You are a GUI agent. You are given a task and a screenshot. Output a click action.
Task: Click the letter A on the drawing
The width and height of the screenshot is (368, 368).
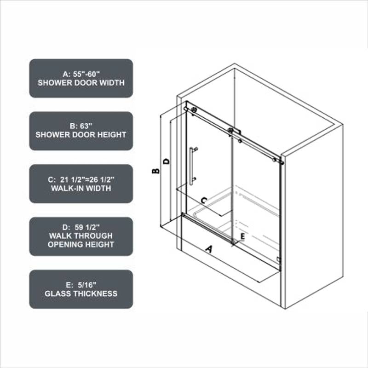pyautogui.click(x=209, y=249)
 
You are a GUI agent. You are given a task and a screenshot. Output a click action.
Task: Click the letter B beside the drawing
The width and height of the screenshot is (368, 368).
pyautogui.click(x=155, y=171)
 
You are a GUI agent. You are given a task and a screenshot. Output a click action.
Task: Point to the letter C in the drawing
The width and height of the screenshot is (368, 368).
pyautogui.click(x=204, y=200)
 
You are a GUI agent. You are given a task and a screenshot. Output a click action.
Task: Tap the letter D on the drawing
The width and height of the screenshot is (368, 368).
pyautogui.click(x=166, y=161)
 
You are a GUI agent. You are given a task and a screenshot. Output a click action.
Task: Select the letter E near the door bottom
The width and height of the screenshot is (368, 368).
pyautogui.click(x=243, y=236)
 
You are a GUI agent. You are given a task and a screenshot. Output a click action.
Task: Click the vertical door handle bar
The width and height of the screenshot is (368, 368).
pyautogui.click(x=191, y=166)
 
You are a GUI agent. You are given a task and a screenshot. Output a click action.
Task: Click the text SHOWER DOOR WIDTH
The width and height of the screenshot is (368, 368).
pyautogui.click(x=81, y=83)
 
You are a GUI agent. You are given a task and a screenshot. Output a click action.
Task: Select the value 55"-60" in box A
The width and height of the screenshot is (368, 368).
pyautogui.click(x=86, y=74)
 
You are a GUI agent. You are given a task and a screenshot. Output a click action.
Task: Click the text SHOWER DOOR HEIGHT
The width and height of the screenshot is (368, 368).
pyautogui.click(x=81, y=135)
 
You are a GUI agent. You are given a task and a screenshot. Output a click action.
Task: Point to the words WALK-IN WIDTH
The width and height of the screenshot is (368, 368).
pyautogui.click(x=81, y=188)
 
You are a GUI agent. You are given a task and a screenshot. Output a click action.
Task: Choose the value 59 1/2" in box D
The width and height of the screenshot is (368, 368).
pyautogui.click(x=87, y=227)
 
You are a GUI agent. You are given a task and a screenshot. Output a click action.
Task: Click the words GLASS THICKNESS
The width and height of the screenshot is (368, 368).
pyautogui.click(x=81, y=293)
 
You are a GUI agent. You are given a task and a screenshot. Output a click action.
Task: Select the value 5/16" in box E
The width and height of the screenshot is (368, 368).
pyautogui.click(x=87, y=285)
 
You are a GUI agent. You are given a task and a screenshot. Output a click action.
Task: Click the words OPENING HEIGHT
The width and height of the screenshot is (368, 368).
pyautogui.click(x=81, y=244)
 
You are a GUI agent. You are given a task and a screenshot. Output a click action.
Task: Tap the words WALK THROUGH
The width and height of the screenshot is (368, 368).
pyautogui.click(x=81, y=236)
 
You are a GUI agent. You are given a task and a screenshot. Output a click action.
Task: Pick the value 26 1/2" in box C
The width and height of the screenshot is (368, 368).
pyautogui.click(x=102, y=179)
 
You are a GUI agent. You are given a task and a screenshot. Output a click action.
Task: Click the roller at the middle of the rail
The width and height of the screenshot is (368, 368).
pyautogui.click(x=231, y=131)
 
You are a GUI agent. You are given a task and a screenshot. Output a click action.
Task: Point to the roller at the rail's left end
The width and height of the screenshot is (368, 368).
pyautogui.click(x=194, y=109)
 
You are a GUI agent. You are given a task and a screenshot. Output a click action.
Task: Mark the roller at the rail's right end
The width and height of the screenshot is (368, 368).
pyautogui.click(x=274, y=160)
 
